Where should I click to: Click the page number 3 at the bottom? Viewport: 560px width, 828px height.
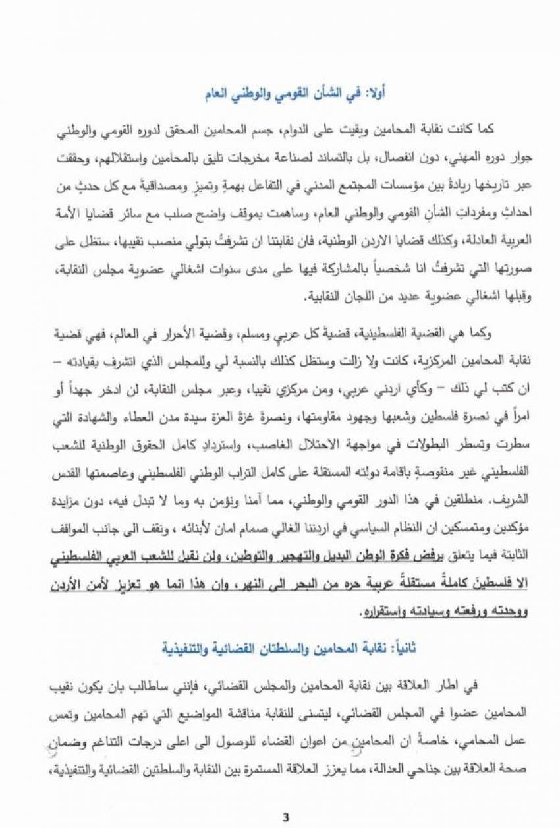(x=285, y=817)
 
